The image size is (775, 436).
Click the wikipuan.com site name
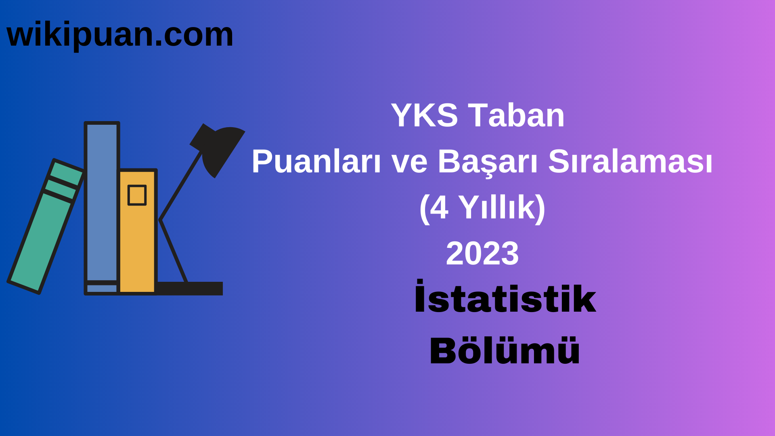tap(120, 35)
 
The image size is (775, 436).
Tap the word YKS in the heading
tap(424, 115)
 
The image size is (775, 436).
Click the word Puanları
tap(316, 161)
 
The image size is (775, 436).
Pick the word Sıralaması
tap(630, 161)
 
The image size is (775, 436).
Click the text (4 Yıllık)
tap(482, 208)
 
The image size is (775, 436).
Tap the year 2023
tap(482, 254)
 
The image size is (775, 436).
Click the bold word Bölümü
tap(505, 350)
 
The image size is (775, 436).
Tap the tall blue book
tap(102, 202)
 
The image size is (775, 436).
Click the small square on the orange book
tap(137, 195)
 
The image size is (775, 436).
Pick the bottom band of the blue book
tap(102, 288)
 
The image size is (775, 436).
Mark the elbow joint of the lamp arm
tap(161, 220)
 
